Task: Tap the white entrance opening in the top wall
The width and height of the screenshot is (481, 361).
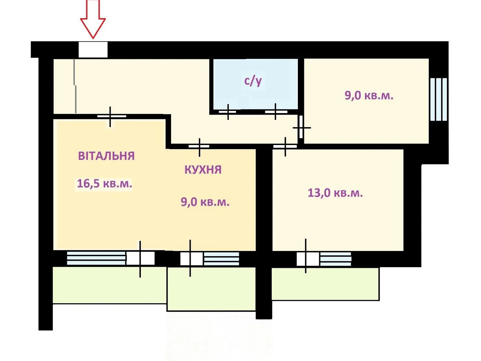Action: [x=93, y=50]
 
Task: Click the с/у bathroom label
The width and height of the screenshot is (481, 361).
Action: [x=253, y=81]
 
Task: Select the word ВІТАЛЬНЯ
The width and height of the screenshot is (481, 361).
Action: [x=106, y=156]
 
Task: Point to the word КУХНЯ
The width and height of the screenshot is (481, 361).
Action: [x=203, y=170]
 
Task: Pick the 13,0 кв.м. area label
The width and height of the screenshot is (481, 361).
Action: [x=335, y=193]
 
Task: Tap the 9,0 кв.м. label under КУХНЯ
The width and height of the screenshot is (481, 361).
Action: [x=205, y=202]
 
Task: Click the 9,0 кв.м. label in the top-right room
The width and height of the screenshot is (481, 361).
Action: [x=369, y=96]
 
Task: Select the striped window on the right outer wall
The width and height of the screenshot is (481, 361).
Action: [x=439, y=99]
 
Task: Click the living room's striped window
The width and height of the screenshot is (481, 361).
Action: [x=96, y=258]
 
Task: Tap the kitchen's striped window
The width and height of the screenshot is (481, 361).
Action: [x=222, y=259]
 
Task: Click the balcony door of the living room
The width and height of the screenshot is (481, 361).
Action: [x=140, y=258]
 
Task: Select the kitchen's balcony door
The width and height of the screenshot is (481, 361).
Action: [x=191, y=259]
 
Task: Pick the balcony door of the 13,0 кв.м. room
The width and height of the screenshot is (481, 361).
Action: [x=308, y=259]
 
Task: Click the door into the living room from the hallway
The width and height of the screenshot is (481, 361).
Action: [x=112, y=116]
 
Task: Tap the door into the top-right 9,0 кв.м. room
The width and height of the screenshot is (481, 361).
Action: [x=301, y=127]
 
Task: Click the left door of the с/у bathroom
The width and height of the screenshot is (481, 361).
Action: [x=228, y=112]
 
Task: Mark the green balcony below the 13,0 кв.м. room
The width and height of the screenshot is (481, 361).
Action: [x=325, y=284]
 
